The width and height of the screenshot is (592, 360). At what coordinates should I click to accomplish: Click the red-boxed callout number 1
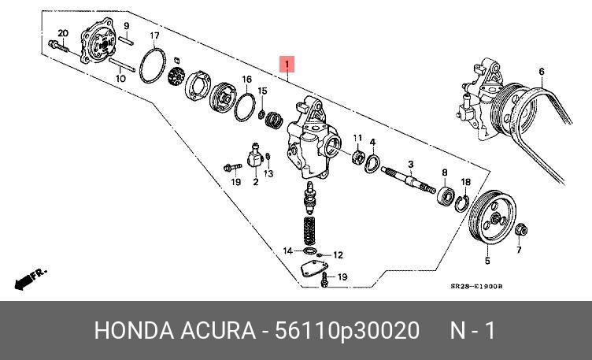[x=288, y=64]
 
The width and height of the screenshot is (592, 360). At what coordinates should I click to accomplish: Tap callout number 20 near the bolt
[x=64, y=32]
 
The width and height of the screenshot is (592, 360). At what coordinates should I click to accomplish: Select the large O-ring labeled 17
[x=152, y=61]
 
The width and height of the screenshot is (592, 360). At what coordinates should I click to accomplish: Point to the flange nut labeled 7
[x=520, y=231]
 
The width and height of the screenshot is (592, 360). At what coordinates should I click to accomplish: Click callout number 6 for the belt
[x=542, y=72]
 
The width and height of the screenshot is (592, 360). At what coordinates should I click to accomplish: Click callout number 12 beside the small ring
[x=338, y=254]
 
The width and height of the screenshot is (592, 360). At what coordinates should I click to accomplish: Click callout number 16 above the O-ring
[x=246, y=80]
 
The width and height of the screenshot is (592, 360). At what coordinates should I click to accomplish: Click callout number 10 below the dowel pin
[x=122, y=79]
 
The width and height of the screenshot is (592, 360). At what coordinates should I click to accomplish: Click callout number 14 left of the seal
[x=289, y=251]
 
